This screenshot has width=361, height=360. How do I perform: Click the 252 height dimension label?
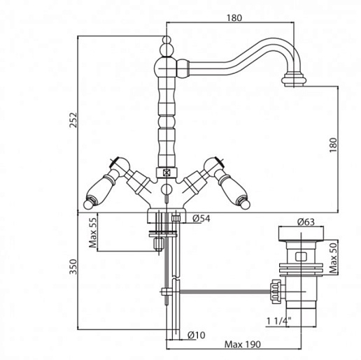73,120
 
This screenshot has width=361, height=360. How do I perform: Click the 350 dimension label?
73,266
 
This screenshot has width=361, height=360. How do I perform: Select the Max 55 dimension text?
93,233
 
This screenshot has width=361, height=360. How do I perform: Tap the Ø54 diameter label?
201,219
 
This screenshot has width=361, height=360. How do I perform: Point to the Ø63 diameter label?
306,222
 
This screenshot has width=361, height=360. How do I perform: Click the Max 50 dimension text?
333,258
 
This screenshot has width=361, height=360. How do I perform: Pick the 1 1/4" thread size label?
279,322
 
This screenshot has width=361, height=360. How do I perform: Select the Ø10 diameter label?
197,335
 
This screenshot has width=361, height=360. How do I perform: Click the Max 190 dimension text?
242,345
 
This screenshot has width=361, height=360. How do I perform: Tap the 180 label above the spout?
234,18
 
